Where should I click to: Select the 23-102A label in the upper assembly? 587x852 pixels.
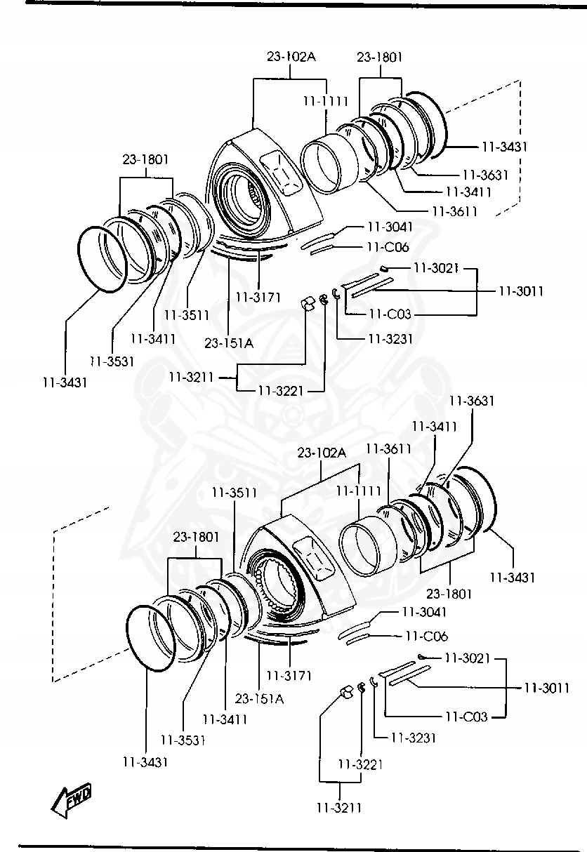click(x=291, y=57)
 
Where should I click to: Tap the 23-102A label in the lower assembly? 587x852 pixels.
click(x=322, y=453)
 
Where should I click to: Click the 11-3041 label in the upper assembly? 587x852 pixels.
click(x=390, y=227)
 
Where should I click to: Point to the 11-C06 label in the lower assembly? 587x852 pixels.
click(x=426, y=636)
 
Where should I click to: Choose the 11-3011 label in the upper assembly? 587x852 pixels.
click(x=521, y=291)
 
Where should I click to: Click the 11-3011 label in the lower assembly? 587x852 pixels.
click(x=547, y=688)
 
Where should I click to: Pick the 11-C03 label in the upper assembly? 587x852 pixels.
click(x=390, y=314)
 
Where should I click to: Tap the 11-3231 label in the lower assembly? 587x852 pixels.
click(x=414, y=738)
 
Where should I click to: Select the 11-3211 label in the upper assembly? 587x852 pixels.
click(x=191, y=378)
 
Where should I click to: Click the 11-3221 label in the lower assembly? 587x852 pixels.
click(x=360, y=764)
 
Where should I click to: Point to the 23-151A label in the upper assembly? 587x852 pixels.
click(x=229, y=343)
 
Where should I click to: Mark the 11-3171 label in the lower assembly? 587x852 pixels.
click(x=289, y=676)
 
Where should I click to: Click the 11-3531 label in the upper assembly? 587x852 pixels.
click(x=112, y=361)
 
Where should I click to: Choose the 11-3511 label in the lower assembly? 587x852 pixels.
click(x=235, y=493)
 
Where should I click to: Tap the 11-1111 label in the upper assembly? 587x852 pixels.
click(x=326, y=102)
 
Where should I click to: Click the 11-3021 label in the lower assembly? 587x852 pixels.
click(x=468, y=658)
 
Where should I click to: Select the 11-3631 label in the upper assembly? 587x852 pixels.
click(x=485, y=175)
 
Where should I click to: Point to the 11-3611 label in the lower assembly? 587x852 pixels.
click(x=388, y=449)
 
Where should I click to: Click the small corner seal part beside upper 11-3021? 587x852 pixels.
click(x=384, y=269)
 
